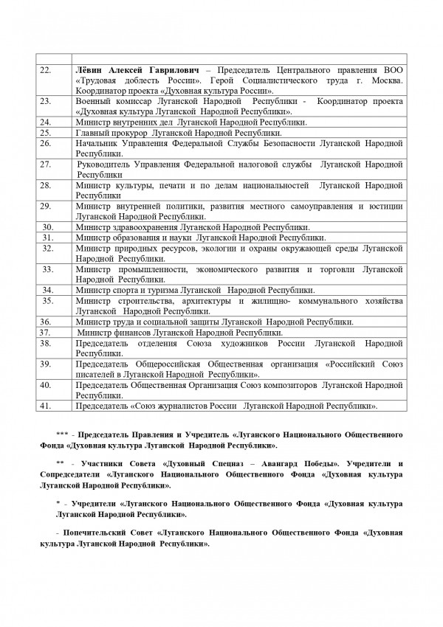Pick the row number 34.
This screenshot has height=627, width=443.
click(x=48, y=290)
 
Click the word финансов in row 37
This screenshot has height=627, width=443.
click(x=130, y=332)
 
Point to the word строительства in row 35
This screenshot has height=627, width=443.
click(x=147, y=301)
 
